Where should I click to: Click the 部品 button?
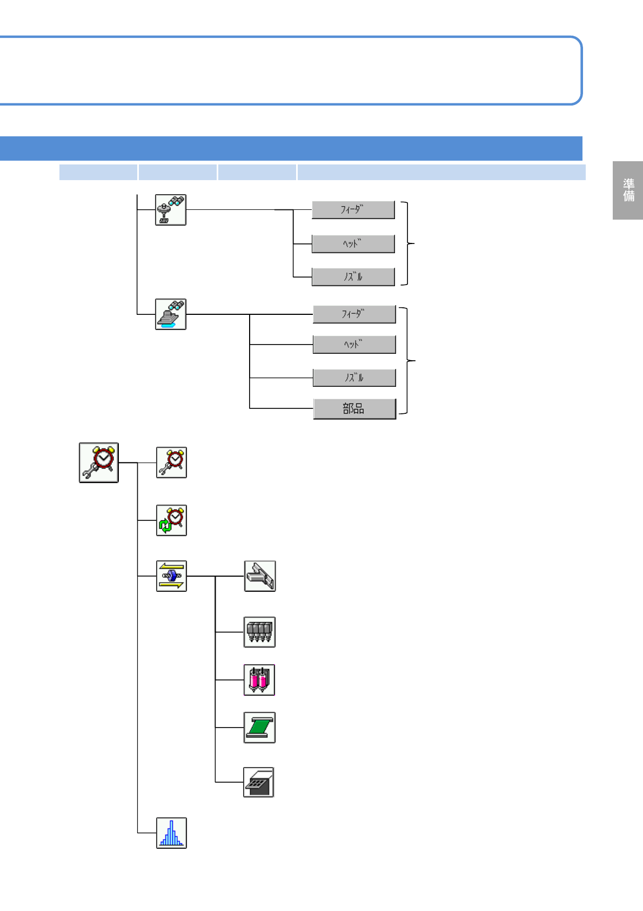point(354,408)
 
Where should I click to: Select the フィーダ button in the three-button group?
point(353,209)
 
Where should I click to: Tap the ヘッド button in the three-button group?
point(353,243)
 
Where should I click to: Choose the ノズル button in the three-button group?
point(353,276)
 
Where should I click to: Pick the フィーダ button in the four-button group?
point(354,314)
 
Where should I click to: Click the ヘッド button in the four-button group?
point(354,344)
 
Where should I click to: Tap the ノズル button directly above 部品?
point(354,377)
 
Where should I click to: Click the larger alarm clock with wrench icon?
point(99,463)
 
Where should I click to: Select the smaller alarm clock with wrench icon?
point(171,463)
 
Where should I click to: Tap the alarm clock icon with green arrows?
point(171,520)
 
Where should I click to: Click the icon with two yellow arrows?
point(171,576)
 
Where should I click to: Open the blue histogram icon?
point(171,833)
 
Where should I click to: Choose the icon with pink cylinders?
point(259,680)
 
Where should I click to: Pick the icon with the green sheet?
point(259,728)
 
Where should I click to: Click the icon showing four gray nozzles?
point(259,632)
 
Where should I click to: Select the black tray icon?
point(259,782)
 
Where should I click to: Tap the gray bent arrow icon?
point(260,576)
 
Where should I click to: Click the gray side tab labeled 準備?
point(628,190)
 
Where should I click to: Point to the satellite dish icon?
point(171,210)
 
